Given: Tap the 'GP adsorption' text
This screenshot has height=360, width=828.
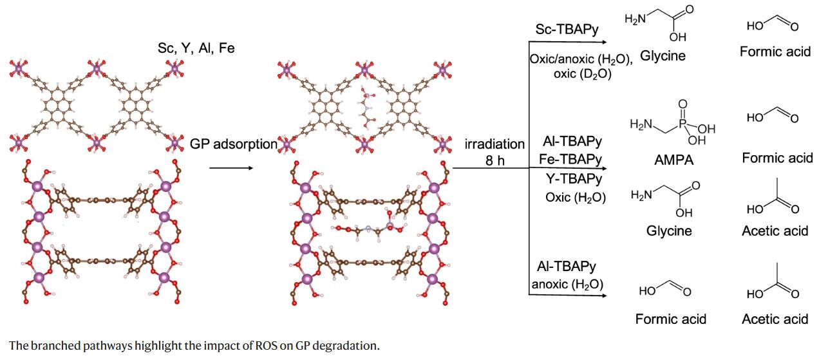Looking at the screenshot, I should (x=233, y=144).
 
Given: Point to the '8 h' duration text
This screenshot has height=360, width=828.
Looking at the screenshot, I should (x=494, y=160).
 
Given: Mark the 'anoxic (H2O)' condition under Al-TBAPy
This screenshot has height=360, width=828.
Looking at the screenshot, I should (x=569, y=284).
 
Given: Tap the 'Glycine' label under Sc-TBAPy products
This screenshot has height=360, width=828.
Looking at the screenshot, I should (x=663, y=55).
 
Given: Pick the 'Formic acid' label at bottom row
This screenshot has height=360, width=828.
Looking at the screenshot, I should (x=670, y=319).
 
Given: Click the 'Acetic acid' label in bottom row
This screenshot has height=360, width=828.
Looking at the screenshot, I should (x=775, y=319).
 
